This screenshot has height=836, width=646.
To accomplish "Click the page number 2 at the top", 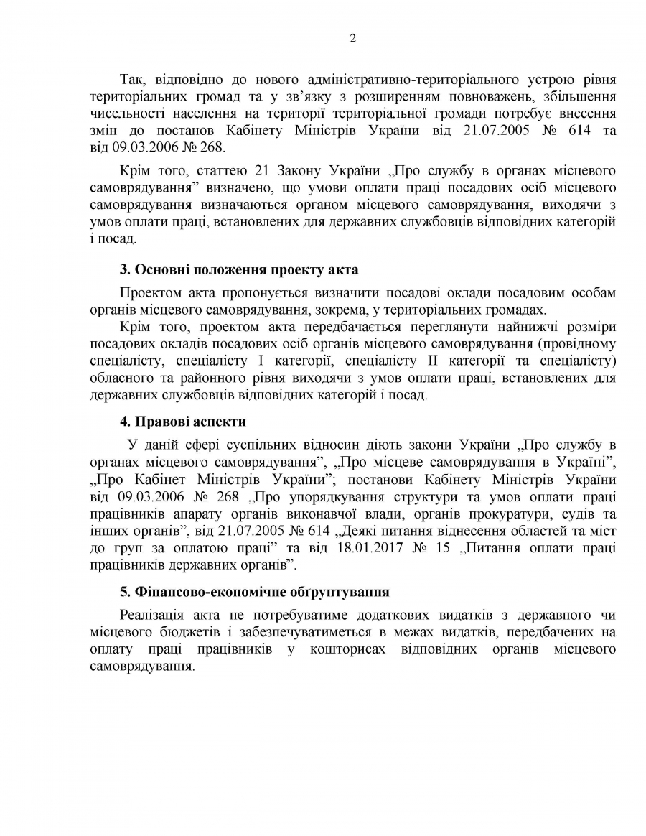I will (352, 39).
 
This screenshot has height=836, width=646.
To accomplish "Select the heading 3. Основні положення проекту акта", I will (238, 270).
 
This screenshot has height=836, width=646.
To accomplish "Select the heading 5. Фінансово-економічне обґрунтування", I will (254, 593).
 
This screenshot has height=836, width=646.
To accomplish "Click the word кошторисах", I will (355, 650).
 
